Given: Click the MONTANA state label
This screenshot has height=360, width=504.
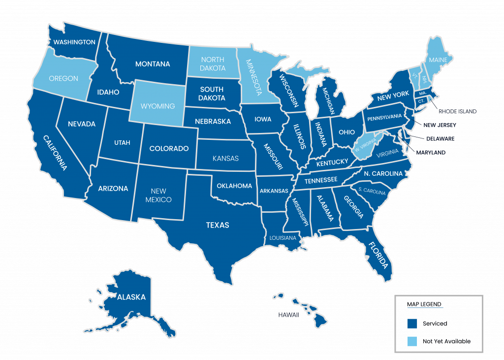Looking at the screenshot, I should [153, 64].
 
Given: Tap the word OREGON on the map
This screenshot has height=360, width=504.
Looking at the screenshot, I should [63, 78].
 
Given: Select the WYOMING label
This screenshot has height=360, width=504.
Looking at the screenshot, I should [158, 106].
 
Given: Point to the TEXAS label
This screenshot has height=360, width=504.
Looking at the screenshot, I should [218, 225].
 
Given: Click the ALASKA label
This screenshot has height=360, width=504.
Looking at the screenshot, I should [131, 297].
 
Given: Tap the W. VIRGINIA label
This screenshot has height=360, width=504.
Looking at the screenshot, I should [365, 144].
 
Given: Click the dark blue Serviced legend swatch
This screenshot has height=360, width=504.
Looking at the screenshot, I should [412, 324].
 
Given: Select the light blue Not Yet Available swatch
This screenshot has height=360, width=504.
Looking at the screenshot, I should [412, 341].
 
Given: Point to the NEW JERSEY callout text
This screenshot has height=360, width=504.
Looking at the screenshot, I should [439, 125].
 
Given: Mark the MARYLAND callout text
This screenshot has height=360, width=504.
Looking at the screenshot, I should [431, 153].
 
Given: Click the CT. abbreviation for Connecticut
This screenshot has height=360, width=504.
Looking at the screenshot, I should [421, 101].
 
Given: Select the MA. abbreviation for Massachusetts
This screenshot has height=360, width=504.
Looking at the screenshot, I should [422, 93].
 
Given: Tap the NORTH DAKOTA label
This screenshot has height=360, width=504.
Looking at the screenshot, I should [213, 64].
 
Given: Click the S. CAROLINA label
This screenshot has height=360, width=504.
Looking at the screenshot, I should [372, 190].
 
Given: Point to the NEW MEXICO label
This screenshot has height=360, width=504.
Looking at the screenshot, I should [158, 196].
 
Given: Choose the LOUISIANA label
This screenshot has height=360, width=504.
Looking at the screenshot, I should [283, 238].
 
